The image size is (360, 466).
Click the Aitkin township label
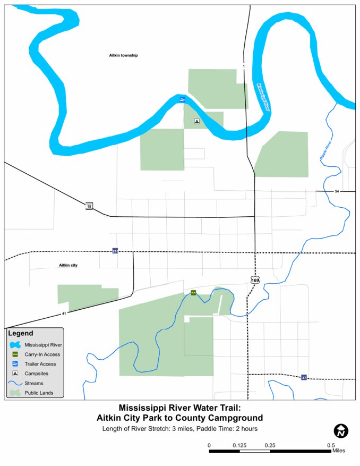(120, 55)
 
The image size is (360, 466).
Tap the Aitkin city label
(68, 265)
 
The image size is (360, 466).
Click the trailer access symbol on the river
(182, 99)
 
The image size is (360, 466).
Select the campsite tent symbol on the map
(196, 121)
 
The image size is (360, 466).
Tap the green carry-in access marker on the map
(193, 293)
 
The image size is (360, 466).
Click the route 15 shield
(89, 206)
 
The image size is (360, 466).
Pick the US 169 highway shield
(255, 279)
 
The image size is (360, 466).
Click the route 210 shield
(115, 251)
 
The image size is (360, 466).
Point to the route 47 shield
(304, 378)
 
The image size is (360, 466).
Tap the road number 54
(336, 191)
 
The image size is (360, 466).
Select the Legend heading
(21, 334)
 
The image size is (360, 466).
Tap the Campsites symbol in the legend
(15, 374)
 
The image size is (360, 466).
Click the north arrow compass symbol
(340, 431)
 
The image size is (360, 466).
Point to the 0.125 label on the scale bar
(239, 445)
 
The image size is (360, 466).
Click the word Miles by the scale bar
(338, 451)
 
